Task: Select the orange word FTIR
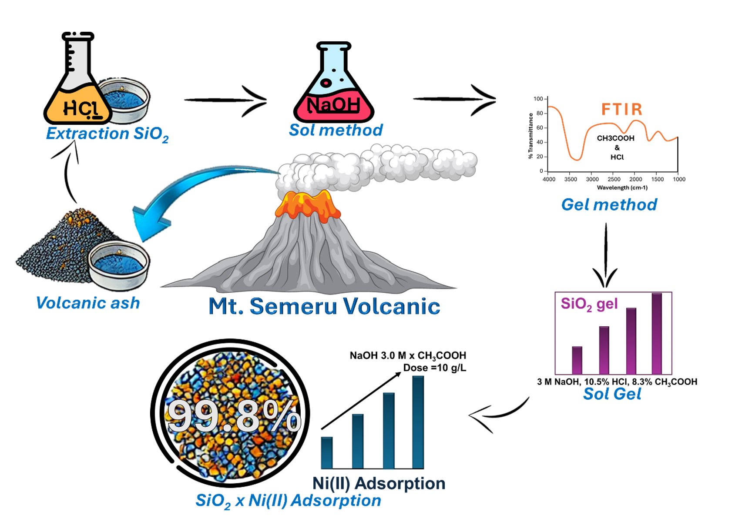point(621,109)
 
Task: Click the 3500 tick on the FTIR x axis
point(571,179)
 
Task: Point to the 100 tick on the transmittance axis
point(538,99)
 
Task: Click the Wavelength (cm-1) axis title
point(622,188)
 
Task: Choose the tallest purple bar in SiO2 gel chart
point(657,334)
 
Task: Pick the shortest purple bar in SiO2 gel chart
point(577,360)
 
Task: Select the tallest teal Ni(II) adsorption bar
point(418,422)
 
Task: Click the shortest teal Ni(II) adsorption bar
point(327,452)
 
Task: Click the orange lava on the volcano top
point(308,204)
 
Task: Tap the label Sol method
point(336,130)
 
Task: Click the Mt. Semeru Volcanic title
point(324,306)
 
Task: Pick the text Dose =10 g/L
point(434,368)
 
